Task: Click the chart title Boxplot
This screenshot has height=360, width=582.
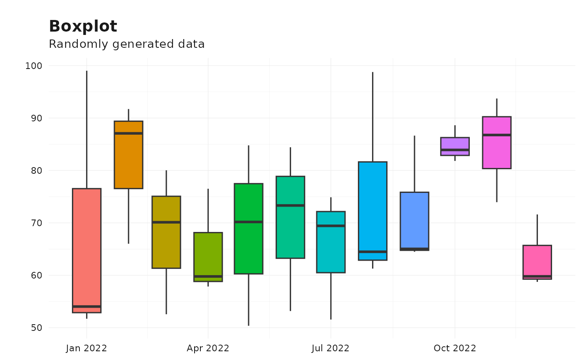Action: pyautogui.click(x=83, y=27)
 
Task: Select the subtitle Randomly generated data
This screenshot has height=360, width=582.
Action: pyautogui.click(x=126, y=44)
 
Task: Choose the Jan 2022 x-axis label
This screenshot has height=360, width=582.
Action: pyautogui.click(x=86, y=348)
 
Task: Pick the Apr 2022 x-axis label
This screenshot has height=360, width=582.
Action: pyautogui.click(x=208, y=348)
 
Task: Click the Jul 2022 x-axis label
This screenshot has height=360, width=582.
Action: pyautogui.click(x=330, y=348)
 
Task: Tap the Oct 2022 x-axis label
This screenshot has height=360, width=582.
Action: pyautogui.click(x=454, y=348)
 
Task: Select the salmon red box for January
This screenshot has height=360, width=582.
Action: pyautogui.click(x=86, y=249)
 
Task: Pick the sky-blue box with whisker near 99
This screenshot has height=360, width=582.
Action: pyautogui.click(x=372, y=208)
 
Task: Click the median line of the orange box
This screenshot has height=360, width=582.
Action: pyautogui.click(x=128, y=133)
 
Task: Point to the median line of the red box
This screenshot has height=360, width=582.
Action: pyautogui.click(x=86, y=307)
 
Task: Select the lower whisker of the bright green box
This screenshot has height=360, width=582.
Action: pyautogui.click(x=249, y=299)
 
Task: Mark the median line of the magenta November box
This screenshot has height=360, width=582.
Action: pyautogui.click(x=496, y=135)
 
